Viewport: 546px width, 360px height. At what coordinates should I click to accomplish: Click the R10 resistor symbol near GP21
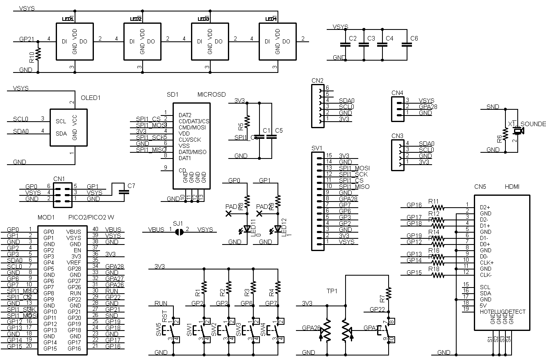39,54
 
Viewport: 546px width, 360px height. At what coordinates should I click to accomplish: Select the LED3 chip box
210,42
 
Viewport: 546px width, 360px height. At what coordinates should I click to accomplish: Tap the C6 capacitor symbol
406,45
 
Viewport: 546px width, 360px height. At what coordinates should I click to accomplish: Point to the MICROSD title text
212,94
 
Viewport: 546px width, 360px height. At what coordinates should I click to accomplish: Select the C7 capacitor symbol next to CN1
121,191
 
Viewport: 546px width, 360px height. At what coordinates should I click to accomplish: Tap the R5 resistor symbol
247,122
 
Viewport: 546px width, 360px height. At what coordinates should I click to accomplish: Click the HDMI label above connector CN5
512,187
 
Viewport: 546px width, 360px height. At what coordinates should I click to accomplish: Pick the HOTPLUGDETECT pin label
503,312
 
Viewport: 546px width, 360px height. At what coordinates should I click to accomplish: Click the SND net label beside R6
493,107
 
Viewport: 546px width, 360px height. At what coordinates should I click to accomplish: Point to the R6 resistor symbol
505,134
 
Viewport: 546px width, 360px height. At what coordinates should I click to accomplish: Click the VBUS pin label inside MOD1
74,231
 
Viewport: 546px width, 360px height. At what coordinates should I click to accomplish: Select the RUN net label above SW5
161,303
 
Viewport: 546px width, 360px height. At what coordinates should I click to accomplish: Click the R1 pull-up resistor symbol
204,286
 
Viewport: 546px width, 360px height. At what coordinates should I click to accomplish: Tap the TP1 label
332,291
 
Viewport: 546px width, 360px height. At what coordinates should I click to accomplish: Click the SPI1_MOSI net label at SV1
354,168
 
